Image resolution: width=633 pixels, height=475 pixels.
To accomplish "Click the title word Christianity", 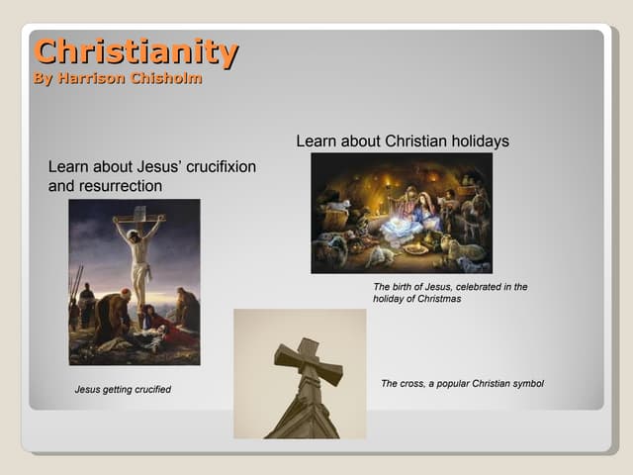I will pyautogui.click(x=136, y=51).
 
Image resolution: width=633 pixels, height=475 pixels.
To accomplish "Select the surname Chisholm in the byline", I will pyautogui.click(x=165, y=79).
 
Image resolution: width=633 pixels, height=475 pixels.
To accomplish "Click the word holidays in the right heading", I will pyautogui.click(x=478, y=142).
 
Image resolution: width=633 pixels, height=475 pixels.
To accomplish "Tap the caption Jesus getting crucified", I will pyautogui.click(x=123, y=389).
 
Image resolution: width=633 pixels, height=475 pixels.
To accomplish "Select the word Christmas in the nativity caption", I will pyautogui.click(x=438, y=298).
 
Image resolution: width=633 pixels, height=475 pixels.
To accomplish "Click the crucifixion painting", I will pyautogui.click(x=134, y=282).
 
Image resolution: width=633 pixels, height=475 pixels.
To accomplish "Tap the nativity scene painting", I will pyautogui.click(x=401, y=213).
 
